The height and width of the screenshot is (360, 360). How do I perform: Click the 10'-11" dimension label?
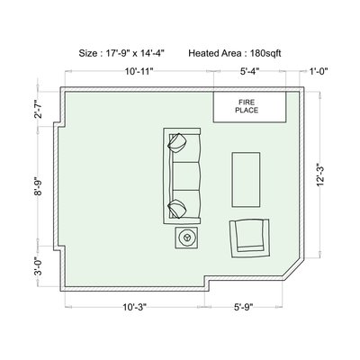coord(139,71)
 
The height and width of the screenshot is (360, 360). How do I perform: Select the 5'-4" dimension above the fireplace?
coord(249,71)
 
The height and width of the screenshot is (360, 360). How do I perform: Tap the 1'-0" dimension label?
coord(319,71)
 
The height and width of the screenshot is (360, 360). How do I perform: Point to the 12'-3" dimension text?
coord(320,175)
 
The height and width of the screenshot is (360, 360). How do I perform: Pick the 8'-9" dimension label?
coord(39,186)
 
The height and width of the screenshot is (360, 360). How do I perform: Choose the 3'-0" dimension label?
coord(39,266)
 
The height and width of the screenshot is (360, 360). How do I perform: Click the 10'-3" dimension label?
coord(134,307)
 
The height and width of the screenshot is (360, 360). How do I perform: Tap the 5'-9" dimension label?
coord(244,307)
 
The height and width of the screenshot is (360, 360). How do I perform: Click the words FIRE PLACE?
coord(247,106)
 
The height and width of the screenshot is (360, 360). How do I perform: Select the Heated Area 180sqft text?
coord(235,53)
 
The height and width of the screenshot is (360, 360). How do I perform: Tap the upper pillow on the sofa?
coord(178,143)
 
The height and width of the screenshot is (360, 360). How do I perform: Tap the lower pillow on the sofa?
coord(177,209)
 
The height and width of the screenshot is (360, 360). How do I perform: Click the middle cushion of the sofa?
coord(186,176)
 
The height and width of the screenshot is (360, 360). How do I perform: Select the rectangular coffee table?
coord(246,180)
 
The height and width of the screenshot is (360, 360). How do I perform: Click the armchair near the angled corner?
coord(249,238)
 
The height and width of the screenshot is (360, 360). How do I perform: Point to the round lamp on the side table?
coord(186,238)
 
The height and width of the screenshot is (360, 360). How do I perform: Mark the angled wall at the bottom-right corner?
coord(293,269)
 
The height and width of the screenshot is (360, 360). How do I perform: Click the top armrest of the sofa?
coord(183,131)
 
